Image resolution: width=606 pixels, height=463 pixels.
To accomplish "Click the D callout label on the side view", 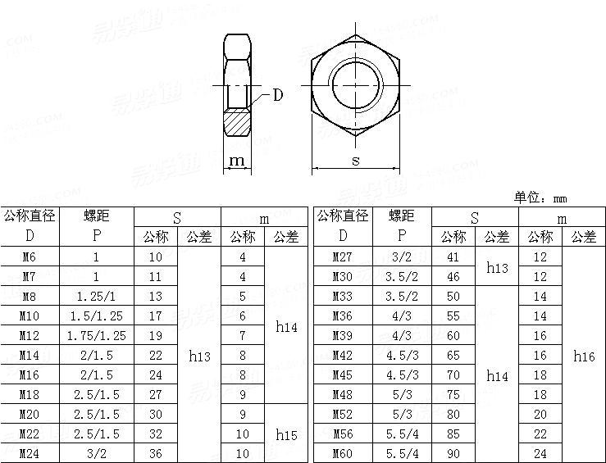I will (x=277, y=95).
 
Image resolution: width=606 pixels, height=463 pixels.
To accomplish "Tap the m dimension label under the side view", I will (x=237, y=161).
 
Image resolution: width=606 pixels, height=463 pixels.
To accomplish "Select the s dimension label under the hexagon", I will (x=355, y=161).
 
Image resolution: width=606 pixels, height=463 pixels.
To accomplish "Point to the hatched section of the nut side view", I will (x=239, y=125).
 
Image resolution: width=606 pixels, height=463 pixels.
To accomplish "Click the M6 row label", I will (x=29, y=256).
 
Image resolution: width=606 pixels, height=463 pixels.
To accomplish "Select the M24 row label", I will (x=29, y=453).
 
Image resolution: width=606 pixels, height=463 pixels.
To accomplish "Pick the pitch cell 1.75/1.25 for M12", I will (x=96, y=335).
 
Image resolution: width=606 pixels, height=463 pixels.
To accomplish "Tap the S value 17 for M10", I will (x=156, y=315).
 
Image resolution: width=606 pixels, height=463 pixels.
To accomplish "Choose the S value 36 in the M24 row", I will (x=156, y=453).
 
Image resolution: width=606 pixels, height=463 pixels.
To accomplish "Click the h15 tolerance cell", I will (x=285, y=433).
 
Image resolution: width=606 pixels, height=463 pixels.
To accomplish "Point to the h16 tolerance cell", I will (x=584, y=356).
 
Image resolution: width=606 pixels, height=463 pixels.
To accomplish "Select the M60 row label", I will (x=342, y=453).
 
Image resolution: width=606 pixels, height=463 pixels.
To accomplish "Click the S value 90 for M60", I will (x=453, y=453).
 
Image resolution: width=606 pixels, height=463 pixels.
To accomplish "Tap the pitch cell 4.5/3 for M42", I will (x=402, y=355).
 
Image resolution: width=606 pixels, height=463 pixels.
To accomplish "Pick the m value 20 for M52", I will (x=540, y=414).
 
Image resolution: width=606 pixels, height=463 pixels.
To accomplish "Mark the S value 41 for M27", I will (x=453, y=256).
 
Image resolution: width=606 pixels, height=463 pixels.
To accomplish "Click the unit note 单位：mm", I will (x=540, y=197).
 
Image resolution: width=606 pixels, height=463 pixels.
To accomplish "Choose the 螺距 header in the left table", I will (x=96, y=216).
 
